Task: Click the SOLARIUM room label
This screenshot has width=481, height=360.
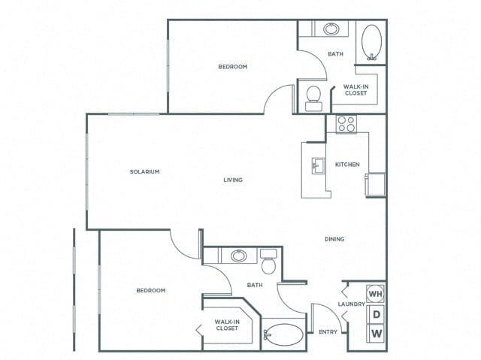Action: click(x=145, y=172)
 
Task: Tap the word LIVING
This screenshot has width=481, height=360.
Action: click(x=233, y=180)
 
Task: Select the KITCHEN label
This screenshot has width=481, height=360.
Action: click(x=347, y=165)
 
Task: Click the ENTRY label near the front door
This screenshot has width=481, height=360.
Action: click(x=327, y=331)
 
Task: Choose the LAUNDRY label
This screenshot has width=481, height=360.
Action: click(x=352, y=304)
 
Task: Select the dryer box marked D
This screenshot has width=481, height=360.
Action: click(x=376, y=313)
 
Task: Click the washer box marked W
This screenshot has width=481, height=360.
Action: click(x=376, y=333)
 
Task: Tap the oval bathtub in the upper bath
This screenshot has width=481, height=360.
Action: click(x=372, y=42)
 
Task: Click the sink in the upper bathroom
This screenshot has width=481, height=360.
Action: click(x=331, y=30)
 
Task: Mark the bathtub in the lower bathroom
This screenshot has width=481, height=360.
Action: click(x=284, y=333)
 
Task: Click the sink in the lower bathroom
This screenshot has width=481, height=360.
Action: click(x=239, y=256)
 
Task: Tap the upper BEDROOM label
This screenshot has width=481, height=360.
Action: click(x=233, y=67)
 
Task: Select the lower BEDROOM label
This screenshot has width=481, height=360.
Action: click(x=150, y=290)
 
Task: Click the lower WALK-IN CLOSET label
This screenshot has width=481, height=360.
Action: click(x=227, y=325)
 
